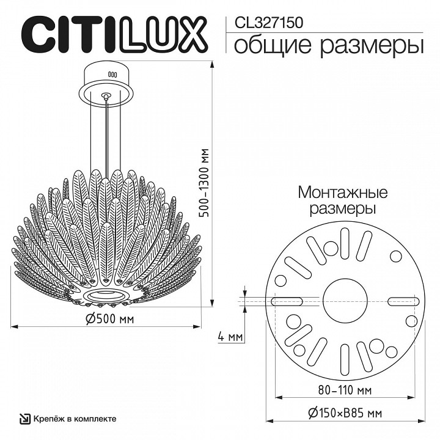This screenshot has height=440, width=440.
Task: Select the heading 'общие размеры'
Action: coord(328,45)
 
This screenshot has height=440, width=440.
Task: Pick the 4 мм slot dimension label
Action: coord(230,337)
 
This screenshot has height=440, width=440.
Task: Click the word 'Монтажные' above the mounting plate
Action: coord(343,193)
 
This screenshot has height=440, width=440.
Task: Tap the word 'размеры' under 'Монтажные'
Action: coord(342,208)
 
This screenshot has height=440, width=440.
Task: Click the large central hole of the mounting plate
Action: coord(343,299)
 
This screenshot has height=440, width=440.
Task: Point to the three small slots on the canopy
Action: coord(112,74)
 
